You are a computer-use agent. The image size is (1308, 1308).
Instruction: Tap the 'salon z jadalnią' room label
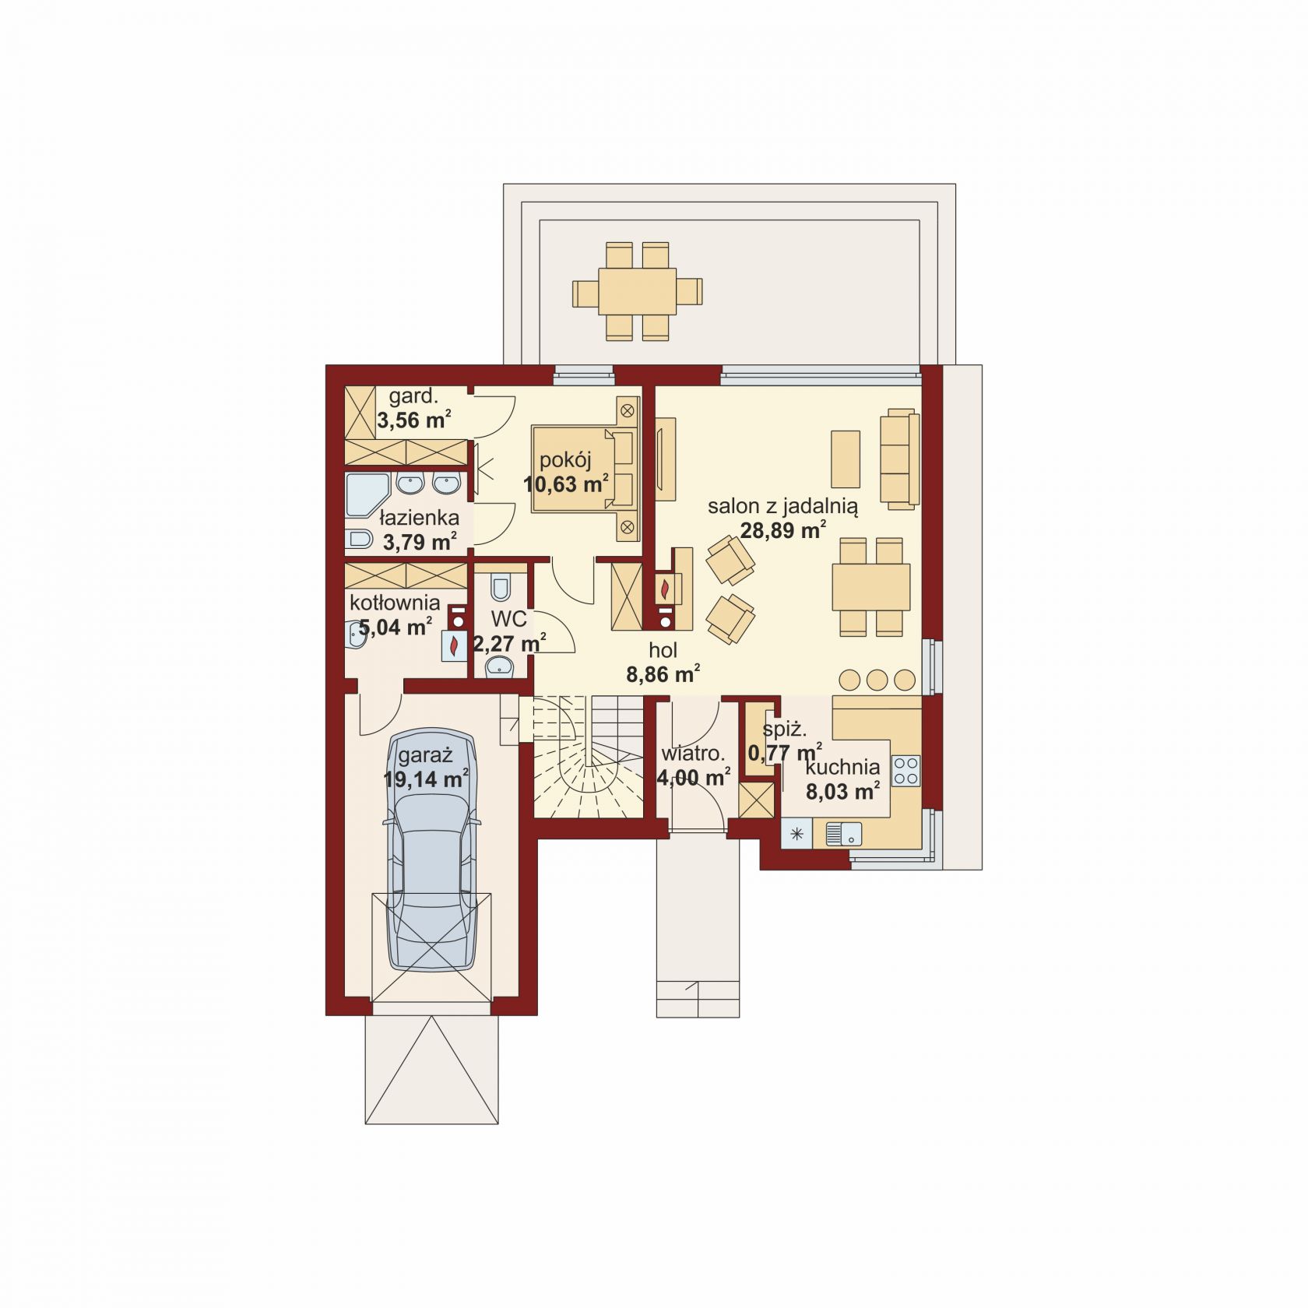pos(782,507)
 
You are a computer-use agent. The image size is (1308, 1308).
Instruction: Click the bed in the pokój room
pos(585,468)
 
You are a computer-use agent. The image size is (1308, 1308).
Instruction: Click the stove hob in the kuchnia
pos(905,771)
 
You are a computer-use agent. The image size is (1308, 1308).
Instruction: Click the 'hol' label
pos(663,650)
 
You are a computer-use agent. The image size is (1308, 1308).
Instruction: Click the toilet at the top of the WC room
pos(501,586)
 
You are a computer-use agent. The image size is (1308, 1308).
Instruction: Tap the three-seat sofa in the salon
pos(900,459)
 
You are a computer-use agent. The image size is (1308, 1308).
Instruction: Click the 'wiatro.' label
pos(693,754)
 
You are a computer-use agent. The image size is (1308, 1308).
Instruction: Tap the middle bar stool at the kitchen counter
pos(877,680)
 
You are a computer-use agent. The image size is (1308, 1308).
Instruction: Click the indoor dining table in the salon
pos(871,587)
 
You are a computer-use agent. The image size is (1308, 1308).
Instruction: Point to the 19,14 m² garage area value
pos(426,779)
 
